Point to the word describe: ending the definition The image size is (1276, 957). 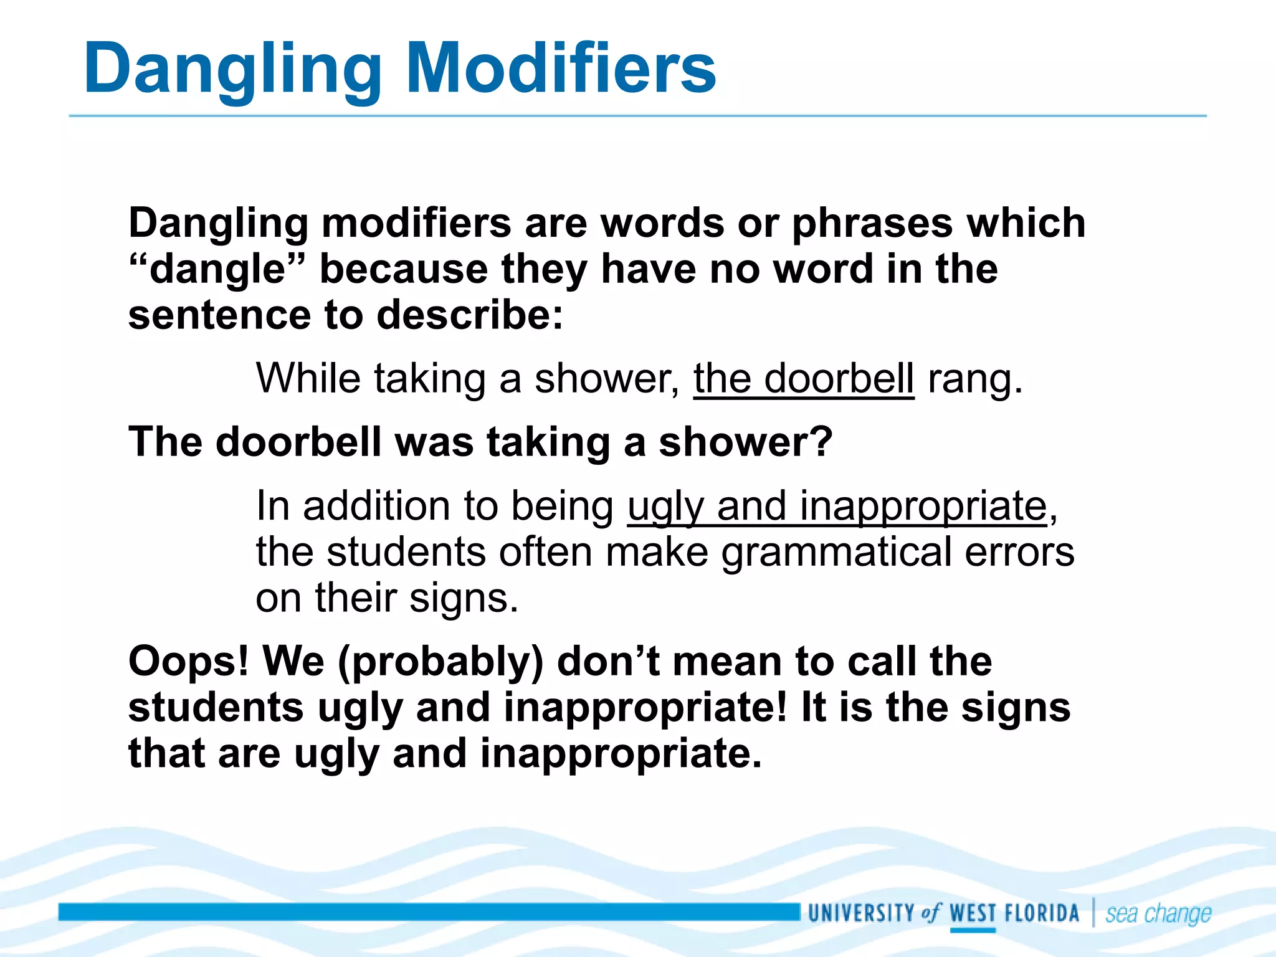pyautogui.click(x=470, y=315)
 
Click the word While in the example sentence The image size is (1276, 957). pyautogui.click(x=308, y=378)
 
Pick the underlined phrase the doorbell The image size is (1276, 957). pyautogui.click(x=804, y=379)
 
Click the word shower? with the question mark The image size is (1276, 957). pyautogui.click(x=745, y=442)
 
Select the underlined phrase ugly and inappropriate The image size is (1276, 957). pyautogui.click(x=837, y=506)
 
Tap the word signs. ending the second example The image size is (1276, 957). pyautogui.click(x=464, y=598)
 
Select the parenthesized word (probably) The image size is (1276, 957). pyautogui.click(x=440, y=662)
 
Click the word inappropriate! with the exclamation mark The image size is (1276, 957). pyautogui.click(x=645, y=708)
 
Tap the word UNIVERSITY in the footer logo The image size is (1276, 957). pyautogui.click(x=860, y=913)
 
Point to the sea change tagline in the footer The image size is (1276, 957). pyautogui.click(x=1158, y=914)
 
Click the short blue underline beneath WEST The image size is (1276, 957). pyautogui.click(x=973, y=930)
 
